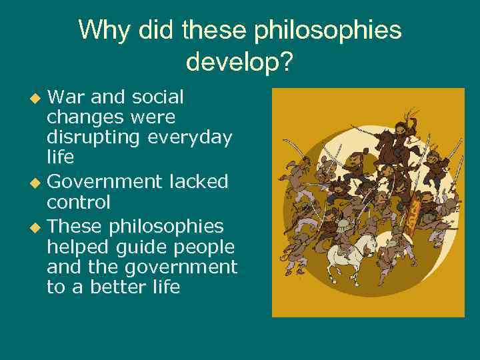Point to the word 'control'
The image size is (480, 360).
point(78,202)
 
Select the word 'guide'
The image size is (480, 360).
point(140,246)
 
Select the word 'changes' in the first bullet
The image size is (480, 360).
point(78,118)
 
